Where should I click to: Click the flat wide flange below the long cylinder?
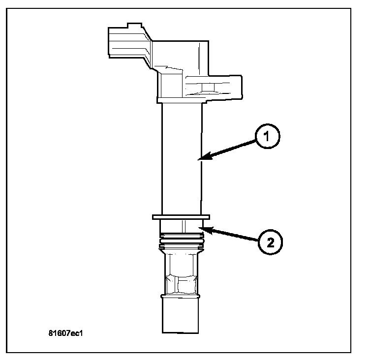(182, 217)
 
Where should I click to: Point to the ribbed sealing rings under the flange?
(182, 240)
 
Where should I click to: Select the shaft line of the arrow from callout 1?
(231, 149)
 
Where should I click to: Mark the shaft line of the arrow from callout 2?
(234, 235)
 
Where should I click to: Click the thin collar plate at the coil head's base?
(182, 100)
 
